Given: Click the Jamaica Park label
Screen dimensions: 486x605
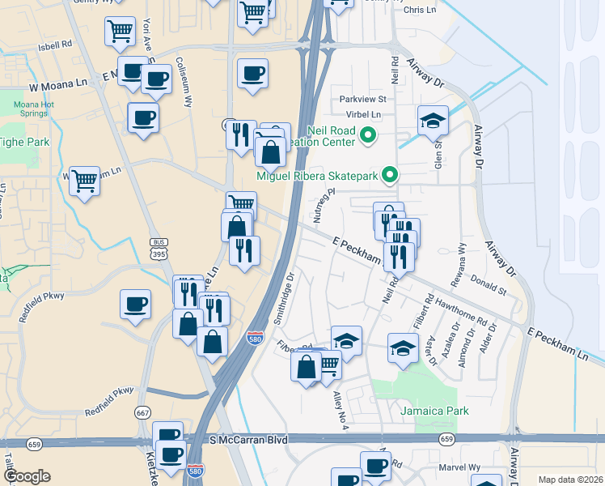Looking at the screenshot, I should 434,411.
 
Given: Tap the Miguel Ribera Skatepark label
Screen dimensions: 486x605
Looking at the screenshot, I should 317,175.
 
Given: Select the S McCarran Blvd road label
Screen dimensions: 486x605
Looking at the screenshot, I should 248,440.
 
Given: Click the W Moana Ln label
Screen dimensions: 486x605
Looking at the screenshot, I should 57,84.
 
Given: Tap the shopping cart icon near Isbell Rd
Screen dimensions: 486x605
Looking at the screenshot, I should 120,32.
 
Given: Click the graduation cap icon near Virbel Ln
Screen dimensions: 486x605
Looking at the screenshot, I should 433,121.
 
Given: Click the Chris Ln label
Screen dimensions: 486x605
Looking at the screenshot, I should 419,10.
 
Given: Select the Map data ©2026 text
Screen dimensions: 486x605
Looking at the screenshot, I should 570,480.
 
